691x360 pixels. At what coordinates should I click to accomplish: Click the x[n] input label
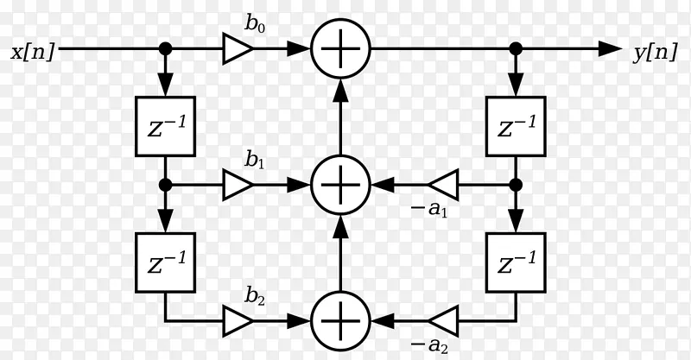(x=33, y=52)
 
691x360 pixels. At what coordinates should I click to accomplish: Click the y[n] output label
(x=655, y=52)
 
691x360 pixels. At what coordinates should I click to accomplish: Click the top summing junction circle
(x=340, y=49)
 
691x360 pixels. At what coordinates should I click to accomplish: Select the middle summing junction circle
(x=340, y=185)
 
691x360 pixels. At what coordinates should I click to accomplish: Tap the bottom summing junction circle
(x=340, y=321)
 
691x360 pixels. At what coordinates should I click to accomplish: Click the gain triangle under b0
(x=236, y=49)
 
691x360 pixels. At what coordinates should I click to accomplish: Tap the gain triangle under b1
(x=236, y=185)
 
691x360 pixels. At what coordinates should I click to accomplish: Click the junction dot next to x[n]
(x=164, y=49)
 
